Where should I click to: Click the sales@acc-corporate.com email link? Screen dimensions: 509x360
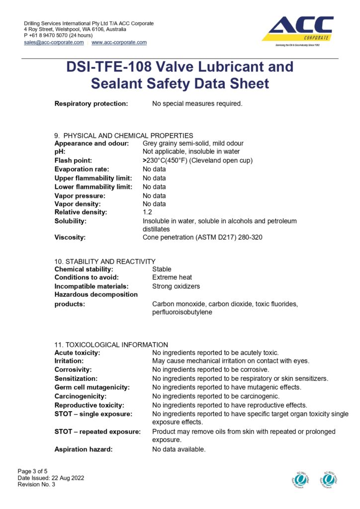pyautogui.click(x=54, y=43)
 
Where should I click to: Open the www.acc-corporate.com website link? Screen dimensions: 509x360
pyautogui.click(x=119, y=43)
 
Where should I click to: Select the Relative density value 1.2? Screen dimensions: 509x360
pyautogui.click(x=147, y=212)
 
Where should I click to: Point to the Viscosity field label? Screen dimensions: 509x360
pyautogui.click(x=70, y=238)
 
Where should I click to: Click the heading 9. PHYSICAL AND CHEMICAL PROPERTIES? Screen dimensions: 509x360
pyautogui.click(x=123, y=135)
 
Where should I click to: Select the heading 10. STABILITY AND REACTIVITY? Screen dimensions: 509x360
pyautogui.click(x=105, y=261)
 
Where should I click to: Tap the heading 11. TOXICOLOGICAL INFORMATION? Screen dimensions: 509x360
pyautogui.click(x=111, y=344)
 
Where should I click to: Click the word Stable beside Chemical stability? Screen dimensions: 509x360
pyautogui.click(x=162, y=269)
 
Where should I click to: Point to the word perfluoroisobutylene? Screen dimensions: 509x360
pyautogui.click(x=182, y=313)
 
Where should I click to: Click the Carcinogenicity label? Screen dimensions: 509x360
pyautogui.click(x=80, y=396)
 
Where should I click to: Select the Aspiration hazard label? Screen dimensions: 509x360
pyautogui.click(x=83, y=449)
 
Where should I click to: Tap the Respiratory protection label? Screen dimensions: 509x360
pyautogui.click(x=91, y=104)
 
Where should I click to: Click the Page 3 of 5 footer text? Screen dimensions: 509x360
pyautogui.click(x=33, y=471)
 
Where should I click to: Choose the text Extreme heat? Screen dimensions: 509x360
pyautogui.click(x=172, y=277)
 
